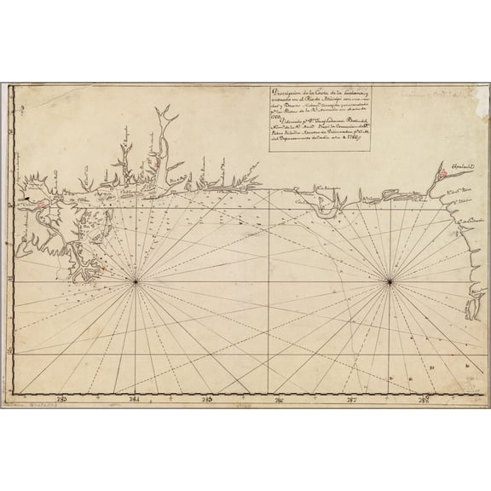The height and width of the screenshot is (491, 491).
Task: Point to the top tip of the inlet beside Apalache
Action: click(438, 162)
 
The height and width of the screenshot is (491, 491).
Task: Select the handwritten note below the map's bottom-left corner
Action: click(31, 406)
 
